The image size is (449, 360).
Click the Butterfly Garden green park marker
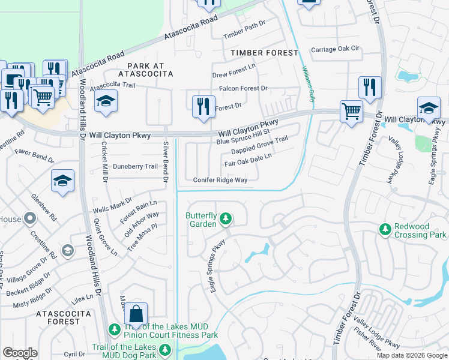(226, 218)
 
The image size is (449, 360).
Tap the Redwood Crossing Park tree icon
(385, 229)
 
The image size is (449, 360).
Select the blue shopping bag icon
(136, 313)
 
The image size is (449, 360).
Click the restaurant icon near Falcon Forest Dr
(204, 106)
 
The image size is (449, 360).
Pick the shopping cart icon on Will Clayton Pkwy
(351, 110)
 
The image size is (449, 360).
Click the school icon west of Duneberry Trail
(62, 181)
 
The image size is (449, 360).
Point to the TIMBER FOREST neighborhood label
(264, 53)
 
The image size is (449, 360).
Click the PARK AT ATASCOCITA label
(145, 69)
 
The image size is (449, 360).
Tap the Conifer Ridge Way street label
(220, 180)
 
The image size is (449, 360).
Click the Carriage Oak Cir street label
(334, 49)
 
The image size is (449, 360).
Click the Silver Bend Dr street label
(166, 161)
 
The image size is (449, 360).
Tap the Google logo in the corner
(20, 353)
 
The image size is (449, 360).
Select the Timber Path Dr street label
(244, 36)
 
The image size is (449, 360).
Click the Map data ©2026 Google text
(412, 355)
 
